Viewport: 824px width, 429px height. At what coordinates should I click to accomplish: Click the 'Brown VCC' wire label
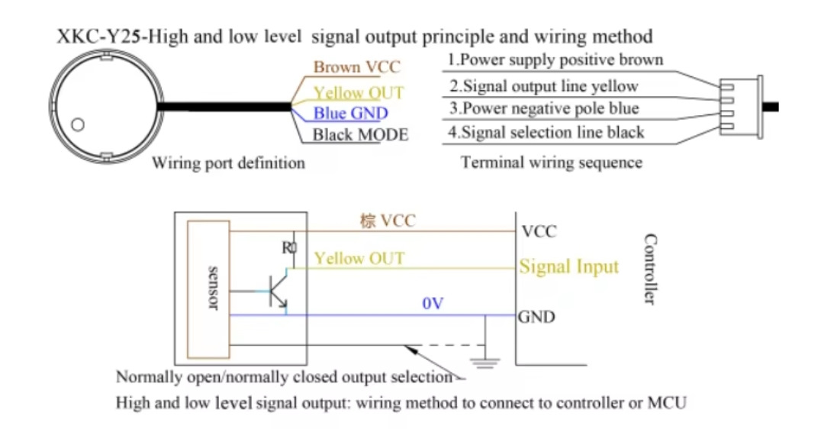coord(356,67)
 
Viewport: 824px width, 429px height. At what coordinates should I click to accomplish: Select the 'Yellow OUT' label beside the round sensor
coord(359,93)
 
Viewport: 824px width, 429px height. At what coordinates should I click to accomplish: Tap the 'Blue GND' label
coord(350,114)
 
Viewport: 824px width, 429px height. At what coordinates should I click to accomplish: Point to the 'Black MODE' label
coord(361,135)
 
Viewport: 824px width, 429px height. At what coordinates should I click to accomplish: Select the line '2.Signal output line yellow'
coord(543,85)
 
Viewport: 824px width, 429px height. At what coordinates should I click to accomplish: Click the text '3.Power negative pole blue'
coord(543,108)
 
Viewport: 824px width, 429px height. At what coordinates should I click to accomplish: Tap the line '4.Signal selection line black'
coord(546,132)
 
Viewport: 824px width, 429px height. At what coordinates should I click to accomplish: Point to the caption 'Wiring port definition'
coord(228,163)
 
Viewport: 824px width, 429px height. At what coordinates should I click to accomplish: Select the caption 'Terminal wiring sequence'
coord(552,163)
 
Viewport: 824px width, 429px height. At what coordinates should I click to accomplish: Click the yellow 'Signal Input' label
coord(569,267)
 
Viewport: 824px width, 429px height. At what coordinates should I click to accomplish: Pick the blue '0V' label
coord(433,304)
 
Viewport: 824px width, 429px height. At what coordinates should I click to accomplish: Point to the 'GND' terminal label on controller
coord(537,316)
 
